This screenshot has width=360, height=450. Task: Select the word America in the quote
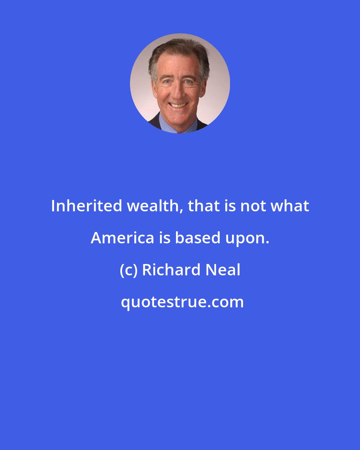[122, 238]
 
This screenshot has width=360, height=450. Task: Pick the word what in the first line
[290, 206]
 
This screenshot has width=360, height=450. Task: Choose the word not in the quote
[253, 206]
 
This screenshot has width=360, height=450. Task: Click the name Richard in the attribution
[171, 270]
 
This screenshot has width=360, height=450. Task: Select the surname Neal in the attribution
[223, 270]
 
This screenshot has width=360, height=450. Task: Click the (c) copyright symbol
[128, 270]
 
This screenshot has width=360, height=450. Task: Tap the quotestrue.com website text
[182, 302]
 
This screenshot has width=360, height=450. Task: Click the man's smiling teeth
[179, 106]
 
